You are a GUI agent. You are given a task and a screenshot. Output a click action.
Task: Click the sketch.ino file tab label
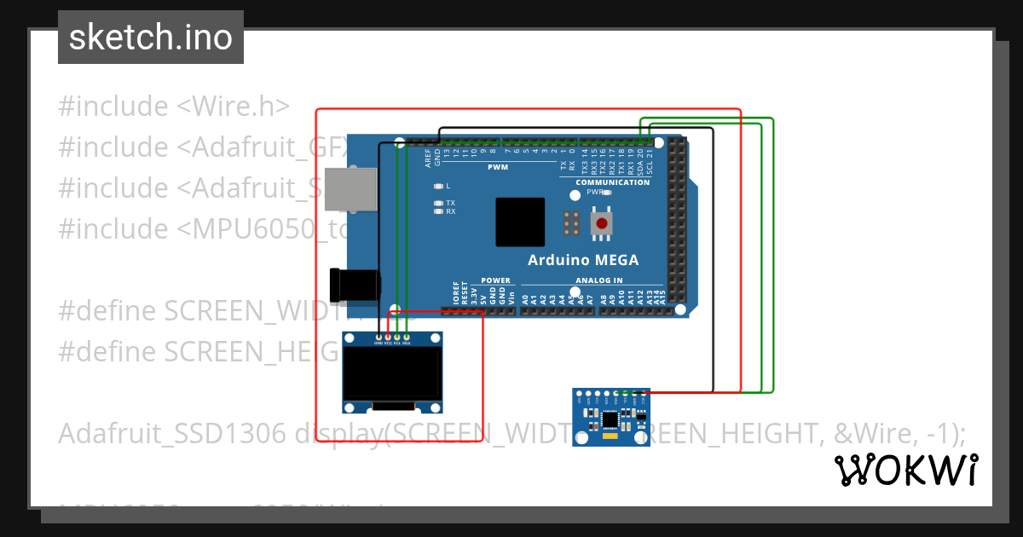click(151, 38)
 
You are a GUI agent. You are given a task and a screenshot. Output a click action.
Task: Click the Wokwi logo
click(905, 470)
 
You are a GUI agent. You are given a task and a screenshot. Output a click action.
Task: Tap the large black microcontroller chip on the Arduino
click(520, 222)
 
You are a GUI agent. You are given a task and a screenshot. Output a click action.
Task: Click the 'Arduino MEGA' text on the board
click(583, 260)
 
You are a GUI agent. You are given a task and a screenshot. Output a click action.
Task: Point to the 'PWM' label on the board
click(498, 168)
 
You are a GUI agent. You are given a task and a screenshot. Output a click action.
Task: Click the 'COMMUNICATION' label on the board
click(612, 182)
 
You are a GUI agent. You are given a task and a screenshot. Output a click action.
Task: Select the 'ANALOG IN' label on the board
click(598, 280)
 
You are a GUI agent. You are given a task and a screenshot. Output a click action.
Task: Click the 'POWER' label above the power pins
click(495, 280)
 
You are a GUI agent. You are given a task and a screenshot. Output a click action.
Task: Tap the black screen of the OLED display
click(392, 372)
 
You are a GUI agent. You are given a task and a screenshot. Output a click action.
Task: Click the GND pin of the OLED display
click(379, 338)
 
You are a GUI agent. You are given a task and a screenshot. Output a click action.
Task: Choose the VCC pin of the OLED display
click(388, 338)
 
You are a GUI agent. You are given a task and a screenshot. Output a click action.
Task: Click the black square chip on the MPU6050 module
click(610, 419)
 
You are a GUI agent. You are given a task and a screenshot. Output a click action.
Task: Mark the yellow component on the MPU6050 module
click(609, 436)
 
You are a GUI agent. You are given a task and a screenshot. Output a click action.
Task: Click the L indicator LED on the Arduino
click(438, 186)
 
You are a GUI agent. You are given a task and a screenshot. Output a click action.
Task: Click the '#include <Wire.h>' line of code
click(174, 107)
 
